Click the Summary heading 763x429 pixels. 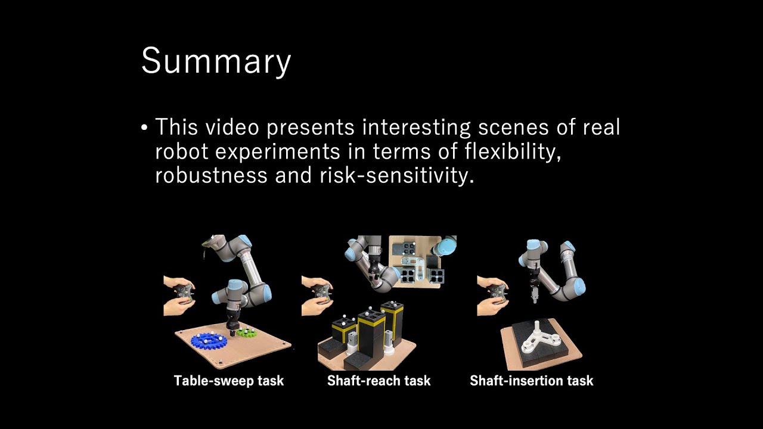pyautogui.click(x=216, y=61)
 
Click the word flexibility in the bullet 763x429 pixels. pyautogui.click(x=513, y=151)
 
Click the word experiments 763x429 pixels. pyautogui.click(x=277, y=151)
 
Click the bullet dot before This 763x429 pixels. pyautogui.click(x=144, y=128)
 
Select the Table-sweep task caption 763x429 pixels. pyautogui.click(x=228, y=380)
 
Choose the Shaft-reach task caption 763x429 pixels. pyautogui.click(x=379, y=380)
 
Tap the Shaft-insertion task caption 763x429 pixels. pyautogui.click(x=531, y=380)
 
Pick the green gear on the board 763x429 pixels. pyautogui.click(x=246, y=331)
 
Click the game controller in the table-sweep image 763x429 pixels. pyautogui.click(x=184, y=293)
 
